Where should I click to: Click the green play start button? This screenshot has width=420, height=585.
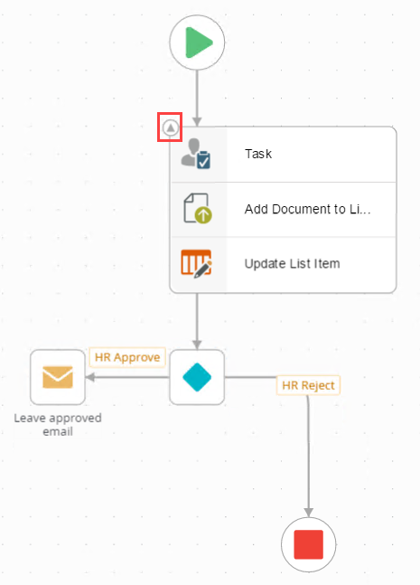(x=197, y=42)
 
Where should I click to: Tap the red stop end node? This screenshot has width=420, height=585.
(x=308, y=544)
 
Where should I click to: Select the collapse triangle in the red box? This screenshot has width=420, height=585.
(x=171, y=128)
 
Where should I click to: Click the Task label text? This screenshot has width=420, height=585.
(x=258, y=154)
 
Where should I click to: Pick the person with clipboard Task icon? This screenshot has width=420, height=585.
(x=196, y=154)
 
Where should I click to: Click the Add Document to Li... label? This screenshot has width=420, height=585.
(x=307, y=209)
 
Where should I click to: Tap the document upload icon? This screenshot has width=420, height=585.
(x=198, y=208)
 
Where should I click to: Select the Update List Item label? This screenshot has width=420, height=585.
(x=292, y=264)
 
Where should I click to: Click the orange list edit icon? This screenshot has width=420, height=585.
(x=196, y=263)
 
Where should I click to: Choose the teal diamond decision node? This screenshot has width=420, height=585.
(x=197, y=377)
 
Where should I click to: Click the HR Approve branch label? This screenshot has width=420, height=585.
(x=127, y=357)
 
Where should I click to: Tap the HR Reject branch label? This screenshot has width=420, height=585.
(x=308, y=385)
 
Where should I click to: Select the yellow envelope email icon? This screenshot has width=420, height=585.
(x=58, y=377)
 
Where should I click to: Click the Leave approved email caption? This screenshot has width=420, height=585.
(x=58, y=425)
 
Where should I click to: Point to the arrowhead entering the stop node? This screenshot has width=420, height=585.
(x=308, y=513)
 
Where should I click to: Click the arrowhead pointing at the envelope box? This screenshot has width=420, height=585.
(x=90, y=377)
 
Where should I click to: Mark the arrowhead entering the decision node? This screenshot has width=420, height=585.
(x=197, y=344)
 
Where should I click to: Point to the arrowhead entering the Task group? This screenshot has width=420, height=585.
(x=197, y=122)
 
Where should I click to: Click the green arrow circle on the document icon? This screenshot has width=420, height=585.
(x=203, y=215)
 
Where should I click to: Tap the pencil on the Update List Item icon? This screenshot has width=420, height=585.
(x=203, y=269)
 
